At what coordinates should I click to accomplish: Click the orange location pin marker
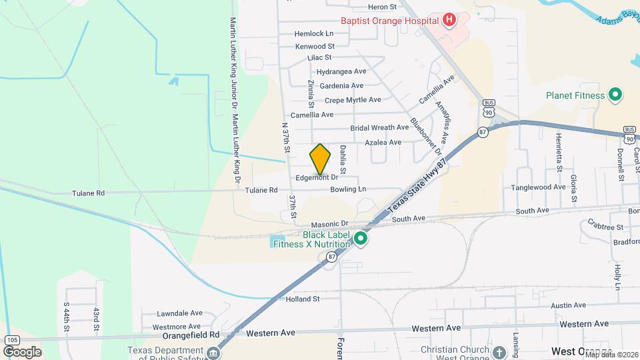[321, 159]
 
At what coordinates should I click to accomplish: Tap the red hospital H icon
[449, 19]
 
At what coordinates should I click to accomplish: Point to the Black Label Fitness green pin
[361, 238]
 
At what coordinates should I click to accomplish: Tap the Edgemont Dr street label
[317, 178]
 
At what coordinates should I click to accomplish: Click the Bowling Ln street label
[348, 189]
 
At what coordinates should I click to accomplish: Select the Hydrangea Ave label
[341, 71]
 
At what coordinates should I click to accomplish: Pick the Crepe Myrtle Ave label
[353, 100]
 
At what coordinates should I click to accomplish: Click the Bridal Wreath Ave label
[379, 127]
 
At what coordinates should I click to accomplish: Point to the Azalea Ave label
[383, 142]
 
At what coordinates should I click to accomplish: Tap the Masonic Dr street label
[331, 223]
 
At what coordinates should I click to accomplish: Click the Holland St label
[303, 299]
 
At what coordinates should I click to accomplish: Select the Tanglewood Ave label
[538, 187]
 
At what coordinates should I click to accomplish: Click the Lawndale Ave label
[179, 313]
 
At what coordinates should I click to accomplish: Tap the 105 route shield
[11, 340]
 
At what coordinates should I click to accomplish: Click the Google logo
[21, 351]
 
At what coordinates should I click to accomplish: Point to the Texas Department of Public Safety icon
[213, 352]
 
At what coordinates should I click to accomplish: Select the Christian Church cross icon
[500, 351]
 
